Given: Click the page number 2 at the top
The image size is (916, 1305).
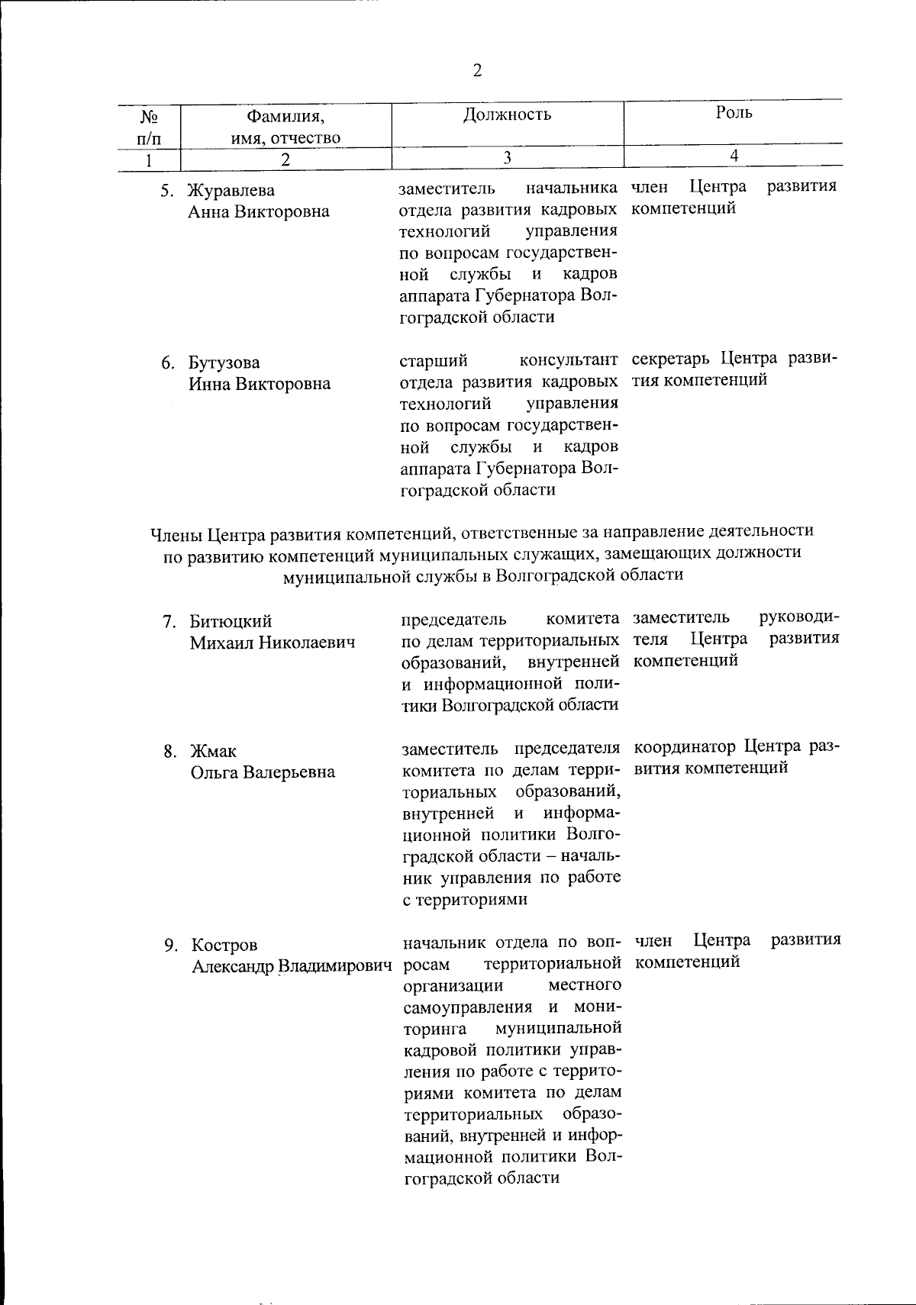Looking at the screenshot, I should (x=478, y=71).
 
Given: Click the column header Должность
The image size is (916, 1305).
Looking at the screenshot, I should (x=507, y=115).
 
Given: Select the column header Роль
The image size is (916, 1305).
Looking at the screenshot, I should (x=734, y=113).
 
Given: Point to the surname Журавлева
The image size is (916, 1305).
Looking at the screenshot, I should (x=231, y=190).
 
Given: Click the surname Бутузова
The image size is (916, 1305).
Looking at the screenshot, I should (x=224, y=362).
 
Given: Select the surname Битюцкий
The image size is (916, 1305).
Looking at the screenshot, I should (x=231, y=622).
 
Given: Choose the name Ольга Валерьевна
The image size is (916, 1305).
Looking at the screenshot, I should (x=263, y=772).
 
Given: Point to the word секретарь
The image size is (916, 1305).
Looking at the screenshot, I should (x=672, y=359).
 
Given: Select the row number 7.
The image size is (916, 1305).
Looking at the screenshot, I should (x=169, y=622).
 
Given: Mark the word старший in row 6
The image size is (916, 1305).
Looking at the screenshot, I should (x=434, y=359).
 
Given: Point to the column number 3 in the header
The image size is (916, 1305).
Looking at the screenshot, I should (x=506, y=157).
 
